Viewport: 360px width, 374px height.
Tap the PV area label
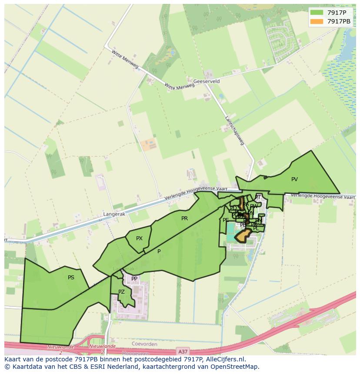294,179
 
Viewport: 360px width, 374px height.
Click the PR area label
184,218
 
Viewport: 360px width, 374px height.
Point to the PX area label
139,238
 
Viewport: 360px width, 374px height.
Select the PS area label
71,277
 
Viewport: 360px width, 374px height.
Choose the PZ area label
121,291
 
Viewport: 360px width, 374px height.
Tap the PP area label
134,278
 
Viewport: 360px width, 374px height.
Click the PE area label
226,220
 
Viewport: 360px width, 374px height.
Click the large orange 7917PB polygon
243,236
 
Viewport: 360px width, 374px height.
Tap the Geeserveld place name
207,81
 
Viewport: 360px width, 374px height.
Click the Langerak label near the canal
113,214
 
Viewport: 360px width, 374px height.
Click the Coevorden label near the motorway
143,344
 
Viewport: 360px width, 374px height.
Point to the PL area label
256,228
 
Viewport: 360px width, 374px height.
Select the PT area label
257,197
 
